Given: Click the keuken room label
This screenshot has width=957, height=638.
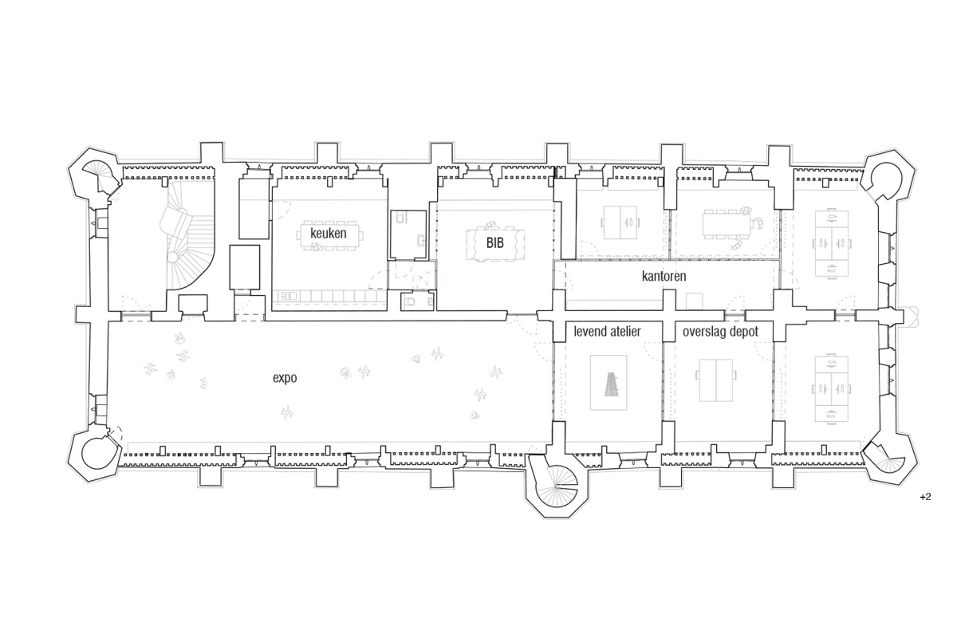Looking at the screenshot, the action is point(328,234).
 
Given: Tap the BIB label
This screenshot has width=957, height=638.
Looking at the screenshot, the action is point(494,242).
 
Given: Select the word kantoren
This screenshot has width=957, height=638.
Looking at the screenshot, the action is point(664,276).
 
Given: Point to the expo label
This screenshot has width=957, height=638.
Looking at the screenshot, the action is point(285,378).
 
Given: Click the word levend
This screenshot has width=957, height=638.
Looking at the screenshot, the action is point(590,331).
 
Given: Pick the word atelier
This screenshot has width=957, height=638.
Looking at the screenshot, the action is point(626,331).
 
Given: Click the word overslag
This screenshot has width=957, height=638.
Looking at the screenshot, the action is point(703,332).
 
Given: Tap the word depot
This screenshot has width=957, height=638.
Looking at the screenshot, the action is point(744,332).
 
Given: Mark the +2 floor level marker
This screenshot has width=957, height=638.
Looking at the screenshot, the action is point(925,497).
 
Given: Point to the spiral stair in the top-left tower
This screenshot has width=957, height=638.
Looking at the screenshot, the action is point(103,175).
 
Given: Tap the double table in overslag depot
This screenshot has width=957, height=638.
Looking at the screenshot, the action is point(716,380).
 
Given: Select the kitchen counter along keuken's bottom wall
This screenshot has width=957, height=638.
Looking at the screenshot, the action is point(329,296).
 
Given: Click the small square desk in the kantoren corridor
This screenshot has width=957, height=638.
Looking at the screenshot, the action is point(695,301).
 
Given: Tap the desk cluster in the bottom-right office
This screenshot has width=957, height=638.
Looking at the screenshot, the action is point(831,389).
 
